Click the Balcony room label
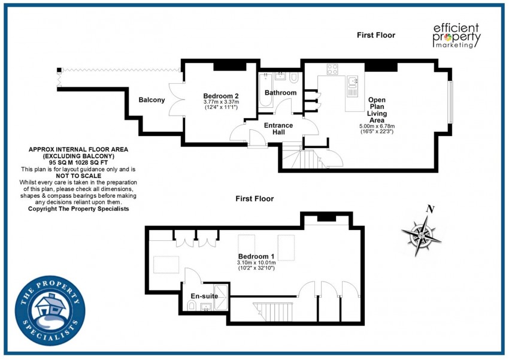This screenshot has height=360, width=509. [152, 100]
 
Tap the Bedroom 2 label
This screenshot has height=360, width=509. [221, 96]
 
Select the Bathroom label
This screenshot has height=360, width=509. [280, 93]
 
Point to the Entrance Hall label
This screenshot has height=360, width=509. [278, 129]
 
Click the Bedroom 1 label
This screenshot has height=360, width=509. [256, 256]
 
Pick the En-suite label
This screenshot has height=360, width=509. [204, 296]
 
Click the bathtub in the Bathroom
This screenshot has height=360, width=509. [265, 90]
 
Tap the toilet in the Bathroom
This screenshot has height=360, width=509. [294, 78]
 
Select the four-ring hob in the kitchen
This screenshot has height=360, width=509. [332, 69]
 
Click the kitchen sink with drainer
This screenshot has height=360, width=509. [352, 86]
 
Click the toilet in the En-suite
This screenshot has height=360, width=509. [192, 305]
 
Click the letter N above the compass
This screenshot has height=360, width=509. [431, 210]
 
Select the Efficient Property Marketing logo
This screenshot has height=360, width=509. [456, 36]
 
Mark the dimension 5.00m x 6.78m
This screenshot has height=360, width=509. [377, 126]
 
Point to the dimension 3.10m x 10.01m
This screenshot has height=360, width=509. [256, 262]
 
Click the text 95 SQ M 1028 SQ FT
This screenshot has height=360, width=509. [78, 163]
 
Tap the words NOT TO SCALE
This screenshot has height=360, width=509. [78, 176]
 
